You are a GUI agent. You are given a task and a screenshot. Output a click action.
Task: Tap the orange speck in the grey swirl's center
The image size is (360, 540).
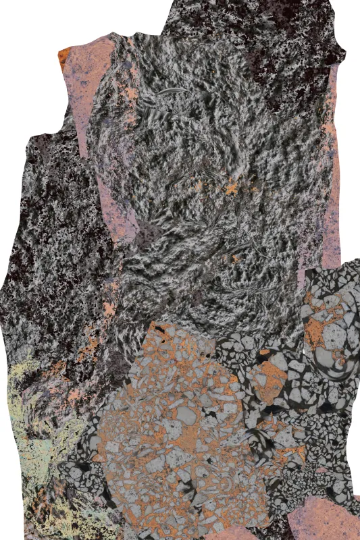click(232, 188)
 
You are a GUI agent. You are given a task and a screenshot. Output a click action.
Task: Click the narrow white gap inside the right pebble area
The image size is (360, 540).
click(305, 351)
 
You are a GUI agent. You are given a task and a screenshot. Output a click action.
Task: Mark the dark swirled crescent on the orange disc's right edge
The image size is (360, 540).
click(260, 446)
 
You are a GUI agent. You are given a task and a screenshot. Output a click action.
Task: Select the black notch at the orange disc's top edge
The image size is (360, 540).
click(159, 331)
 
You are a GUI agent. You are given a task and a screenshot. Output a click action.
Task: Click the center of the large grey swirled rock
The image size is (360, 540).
click(203, 182)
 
